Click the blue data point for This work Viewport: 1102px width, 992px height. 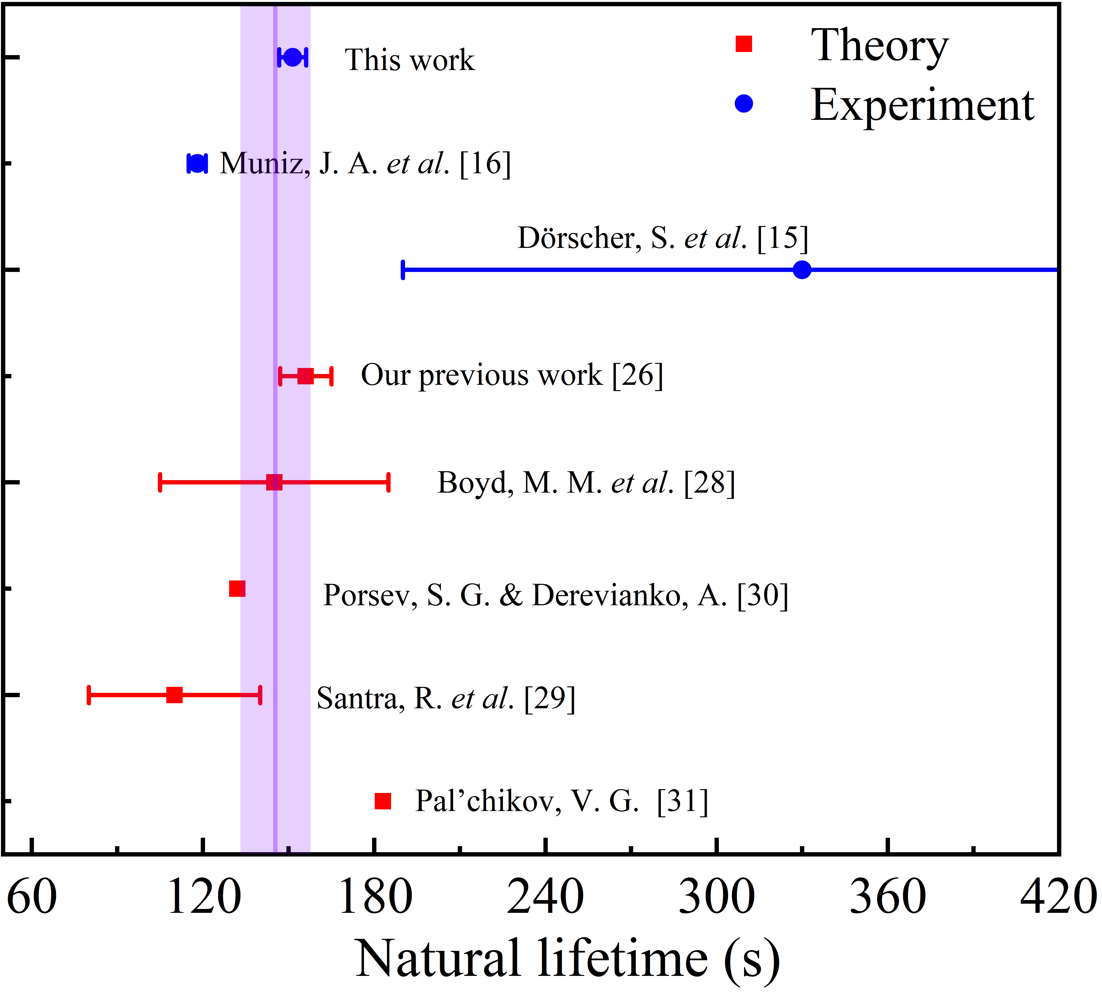293,57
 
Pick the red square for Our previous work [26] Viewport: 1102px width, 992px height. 305,375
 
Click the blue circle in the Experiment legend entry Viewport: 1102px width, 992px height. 743,103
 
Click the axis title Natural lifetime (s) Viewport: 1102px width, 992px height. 567,959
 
